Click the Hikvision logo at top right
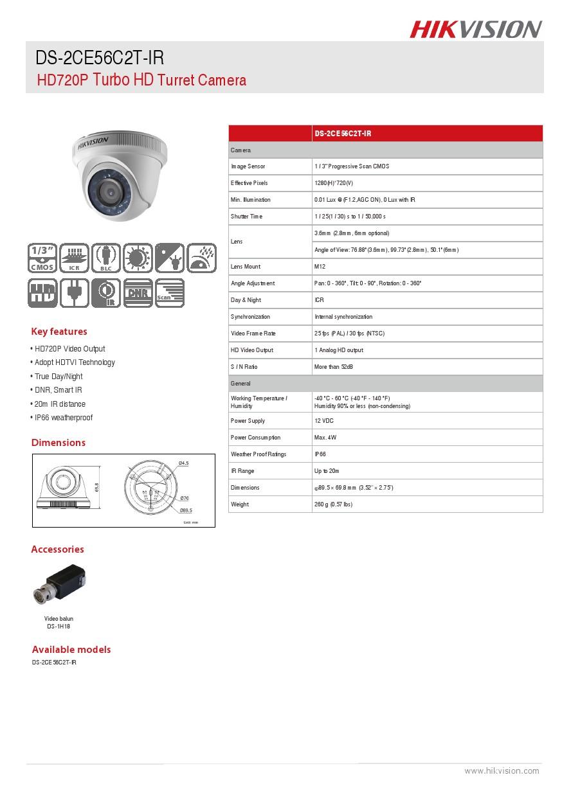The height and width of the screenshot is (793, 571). click(476, 30)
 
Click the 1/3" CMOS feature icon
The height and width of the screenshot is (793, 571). click(42, 258)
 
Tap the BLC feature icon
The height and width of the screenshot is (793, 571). click(105, 258)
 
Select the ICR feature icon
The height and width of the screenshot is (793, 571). click(74, 258)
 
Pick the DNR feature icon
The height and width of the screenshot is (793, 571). click(138, 293)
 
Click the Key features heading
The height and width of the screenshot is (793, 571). click(59, 332)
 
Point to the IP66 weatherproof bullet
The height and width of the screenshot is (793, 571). click(62, 418)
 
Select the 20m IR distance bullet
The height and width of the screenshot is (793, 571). click(59, 404)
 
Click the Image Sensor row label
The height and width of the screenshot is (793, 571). click(248, 166)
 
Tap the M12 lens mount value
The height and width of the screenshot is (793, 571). click(320, 267)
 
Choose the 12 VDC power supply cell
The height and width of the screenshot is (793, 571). click(324, 421)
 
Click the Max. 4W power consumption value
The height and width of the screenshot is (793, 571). click(325, 438)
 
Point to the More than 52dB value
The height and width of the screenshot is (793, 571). click(334, 367)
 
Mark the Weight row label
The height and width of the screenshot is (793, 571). click(240, 504)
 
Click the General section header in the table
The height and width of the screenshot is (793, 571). click(241, 384)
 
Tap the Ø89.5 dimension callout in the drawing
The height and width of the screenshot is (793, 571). click(186, 510)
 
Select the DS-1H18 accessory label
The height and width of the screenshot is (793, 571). click(59, 626)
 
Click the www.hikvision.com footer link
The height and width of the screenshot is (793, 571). click(502, 771)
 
